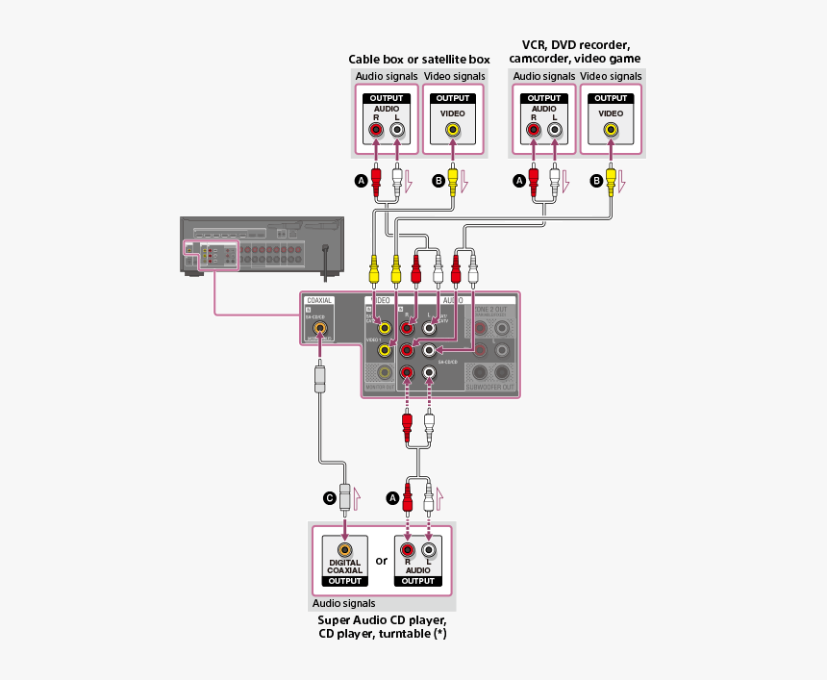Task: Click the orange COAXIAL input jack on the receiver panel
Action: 320,329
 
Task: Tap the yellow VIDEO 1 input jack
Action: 385,350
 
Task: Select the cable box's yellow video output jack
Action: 452,129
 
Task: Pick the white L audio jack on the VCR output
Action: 554,130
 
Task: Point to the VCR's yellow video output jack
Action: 610,129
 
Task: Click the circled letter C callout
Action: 330,497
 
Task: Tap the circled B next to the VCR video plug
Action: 596,180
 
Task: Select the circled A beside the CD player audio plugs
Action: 391,497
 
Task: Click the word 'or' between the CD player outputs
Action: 382,560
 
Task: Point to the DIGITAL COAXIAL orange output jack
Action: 344,549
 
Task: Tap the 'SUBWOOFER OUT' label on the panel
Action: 491,388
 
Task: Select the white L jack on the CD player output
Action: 429,549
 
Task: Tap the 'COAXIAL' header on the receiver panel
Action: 318,300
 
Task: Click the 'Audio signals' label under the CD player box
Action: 343,604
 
